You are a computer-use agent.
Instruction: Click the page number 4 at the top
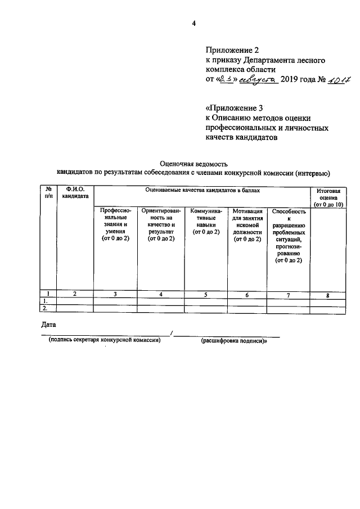click(193, 24)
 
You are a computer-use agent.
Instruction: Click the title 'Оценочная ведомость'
click(193, 163)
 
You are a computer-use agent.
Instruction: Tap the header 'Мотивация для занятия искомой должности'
click(246, 225)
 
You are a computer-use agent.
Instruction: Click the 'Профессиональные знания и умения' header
click(115, 225)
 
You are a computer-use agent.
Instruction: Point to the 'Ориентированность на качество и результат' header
click(161, 225)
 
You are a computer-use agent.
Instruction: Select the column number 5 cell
click(206, 294)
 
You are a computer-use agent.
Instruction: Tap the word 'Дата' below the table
click(49, 324)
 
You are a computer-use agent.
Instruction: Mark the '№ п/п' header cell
click(49, 193)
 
